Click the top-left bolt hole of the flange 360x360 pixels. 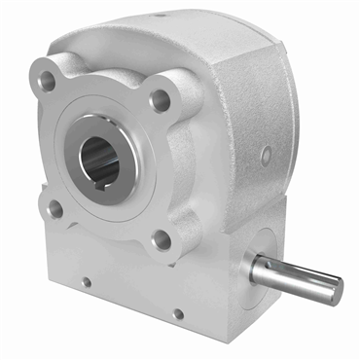tap(47, 80)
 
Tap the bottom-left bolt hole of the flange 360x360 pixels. tap(55, 207)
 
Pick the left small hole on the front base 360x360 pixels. tap(86, 282)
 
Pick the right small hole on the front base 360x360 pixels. tap(177, 313)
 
